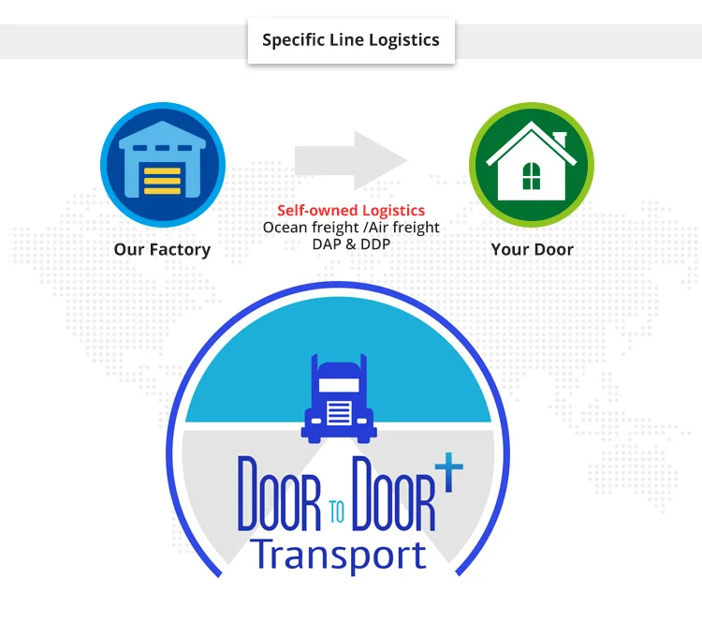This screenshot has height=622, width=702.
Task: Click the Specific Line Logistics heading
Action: (351, 40)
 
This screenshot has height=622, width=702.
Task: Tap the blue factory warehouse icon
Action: (162, 166)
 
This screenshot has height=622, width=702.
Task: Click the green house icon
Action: (531, 165)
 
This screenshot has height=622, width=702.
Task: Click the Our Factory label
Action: (162, 249)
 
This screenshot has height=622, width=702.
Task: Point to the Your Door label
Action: (532, 249)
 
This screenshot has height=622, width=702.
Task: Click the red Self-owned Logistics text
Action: (351, 211)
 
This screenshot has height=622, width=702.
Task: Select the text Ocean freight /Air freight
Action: (351, 228)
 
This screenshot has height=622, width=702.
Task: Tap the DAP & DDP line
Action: (351, 244)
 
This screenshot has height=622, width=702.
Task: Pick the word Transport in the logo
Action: (338, 554)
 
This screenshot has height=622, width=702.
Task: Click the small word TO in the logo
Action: (338, 511)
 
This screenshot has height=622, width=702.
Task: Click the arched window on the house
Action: (531, 175)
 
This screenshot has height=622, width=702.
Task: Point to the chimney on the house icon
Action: (560, 140)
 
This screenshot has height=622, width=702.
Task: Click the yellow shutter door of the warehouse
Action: (162, 178)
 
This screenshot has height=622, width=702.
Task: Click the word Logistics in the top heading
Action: (403, 40)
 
